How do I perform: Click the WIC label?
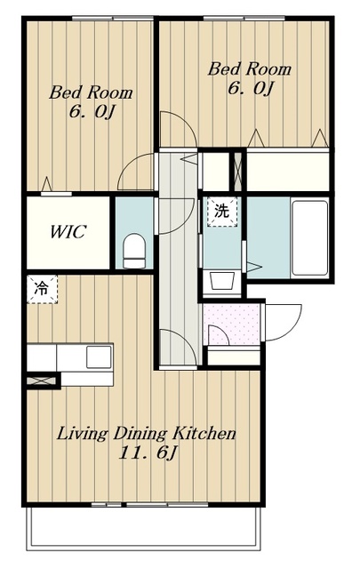(x=68, y=232)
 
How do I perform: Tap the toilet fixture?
(x=134, y=251)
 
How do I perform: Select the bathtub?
(x=309, y=237)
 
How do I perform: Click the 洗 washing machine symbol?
(x=221, y=212)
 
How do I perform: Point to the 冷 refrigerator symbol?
(x=43, y=289)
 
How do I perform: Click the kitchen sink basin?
(x=99, y=357)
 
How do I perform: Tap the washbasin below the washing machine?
(x=221, y=281)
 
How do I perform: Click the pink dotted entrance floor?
(x=231, y=325)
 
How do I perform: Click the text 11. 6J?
(x=148, y=453)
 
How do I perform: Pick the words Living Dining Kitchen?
(x=147, y=433)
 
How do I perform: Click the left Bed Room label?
(x=91, y=92)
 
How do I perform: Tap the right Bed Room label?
(x=249, y=69)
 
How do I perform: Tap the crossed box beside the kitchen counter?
(x=43, y=381)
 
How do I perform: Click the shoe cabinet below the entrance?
(x=234, y=356)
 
